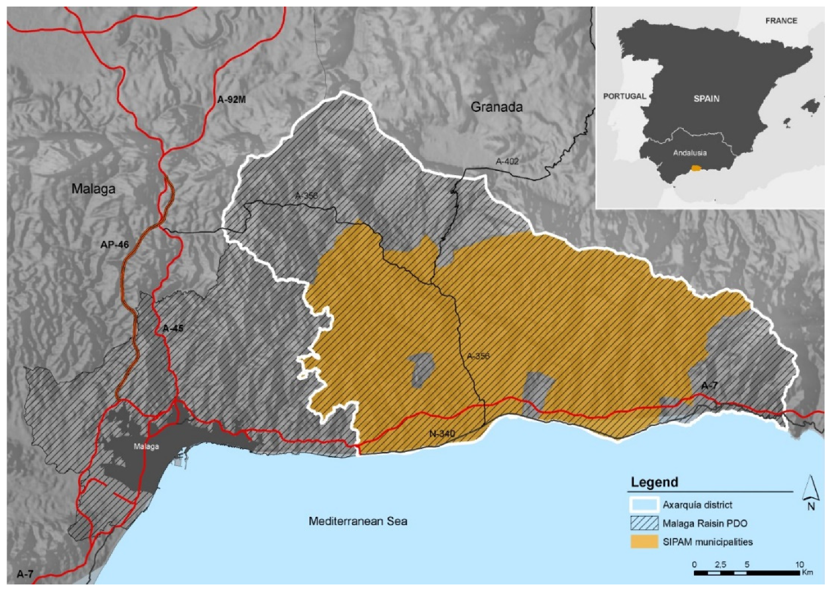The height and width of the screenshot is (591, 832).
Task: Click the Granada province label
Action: (496, 107)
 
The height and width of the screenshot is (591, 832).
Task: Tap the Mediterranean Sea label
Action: (358, 521)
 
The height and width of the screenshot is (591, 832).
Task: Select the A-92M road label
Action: (231, 100)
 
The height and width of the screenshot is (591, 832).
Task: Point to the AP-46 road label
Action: (115, 244)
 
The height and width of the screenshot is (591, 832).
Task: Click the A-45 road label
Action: (173, 329)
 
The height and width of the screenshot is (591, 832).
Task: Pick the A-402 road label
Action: (507, 162)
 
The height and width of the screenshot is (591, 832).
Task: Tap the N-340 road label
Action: (442, 434)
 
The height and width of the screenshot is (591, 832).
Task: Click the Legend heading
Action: (654, 482)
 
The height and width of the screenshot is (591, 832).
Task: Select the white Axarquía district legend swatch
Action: (644, 505)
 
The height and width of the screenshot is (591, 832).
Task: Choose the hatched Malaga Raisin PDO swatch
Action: (644, 523)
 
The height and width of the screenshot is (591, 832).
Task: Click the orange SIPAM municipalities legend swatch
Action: (644, 542)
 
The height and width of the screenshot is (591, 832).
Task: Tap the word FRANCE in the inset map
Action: (781, 21)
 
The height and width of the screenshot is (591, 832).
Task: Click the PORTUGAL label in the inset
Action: (624, 96)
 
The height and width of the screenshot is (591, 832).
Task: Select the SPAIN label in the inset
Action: (706, 99)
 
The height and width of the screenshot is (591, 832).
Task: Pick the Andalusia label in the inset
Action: (690, 153)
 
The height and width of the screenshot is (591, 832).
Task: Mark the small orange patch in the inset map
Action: (697, 169)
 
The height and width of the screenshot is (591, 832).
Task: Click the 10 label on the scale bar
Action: (799, 564)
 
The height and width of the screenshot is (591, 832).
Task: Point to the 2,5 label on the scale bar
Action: (720, 564)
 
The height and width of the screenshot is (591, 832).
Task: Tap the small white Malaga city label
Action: (146, 446)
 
